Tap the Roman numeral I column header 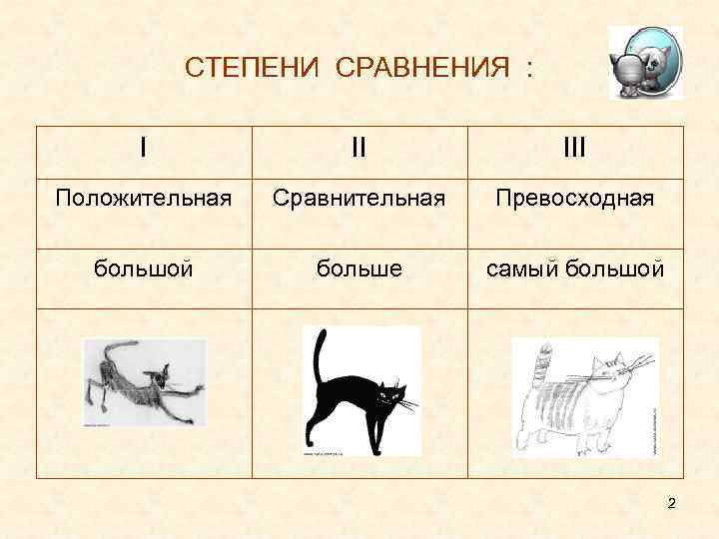pyautogui.click(x=144, y=148)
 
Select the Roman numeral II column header pyautogui.click(x=359, y=148)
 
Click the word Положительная pyautogui.click(x=144, y=199)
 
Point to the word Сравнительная pyautogui.click(x=359, y=199)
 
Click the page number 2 pyautogui.click(x=672, y=503)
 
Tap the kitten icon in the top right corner pyautogui.click(x=646, y=63)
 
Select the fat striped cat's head pyautogui.click(x=611, y=375)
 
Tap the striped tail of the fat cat pyautogui.click(x=543, y=365)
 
